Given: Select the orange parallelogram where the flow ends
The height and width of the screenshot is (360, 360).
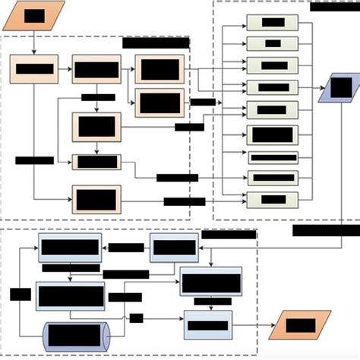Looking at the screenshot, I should click(x=300, y=325).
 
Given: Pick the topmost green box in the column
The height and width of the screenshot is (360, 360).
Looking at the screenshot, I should click(x=272, y=23).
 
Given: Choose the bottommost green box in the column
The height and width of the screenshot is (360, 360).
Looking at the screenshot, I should click(x=272, y=200).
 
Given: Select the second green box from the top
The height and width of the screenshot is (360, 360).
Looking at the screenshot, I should click(x=272, y=43).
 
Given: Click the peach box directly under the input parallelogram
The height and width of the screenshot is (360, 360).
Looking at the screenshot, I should click(x=34, y=69).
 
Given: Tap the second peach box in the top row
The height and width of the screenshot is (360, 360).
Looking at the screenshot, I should click(x=96, y=69).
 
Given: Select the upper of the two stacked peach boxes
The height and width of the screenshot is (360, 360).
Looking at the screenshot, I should click(x=159, y=69).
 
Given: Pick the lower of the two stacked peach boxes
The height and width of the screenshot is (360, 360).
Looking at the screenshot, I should click(x=159, y=102).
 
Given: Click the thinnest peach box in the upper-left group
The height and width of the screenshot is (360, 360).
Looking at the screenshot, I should click(x=96, y=162).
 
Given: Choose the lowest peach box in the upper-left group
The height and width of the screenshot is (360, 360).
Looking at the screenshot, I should click(x=96, y=200).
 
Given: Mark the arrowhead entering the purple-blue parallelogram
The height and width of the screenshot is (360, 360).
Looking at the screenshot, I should click(x=320, y=88).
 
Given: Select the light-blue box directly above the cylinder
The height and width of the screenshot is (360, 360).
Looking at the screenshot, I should click(x=70, y=295).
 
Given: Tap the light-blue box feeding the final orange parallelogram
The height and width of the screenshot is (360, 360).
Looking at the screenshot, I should click(x=207, y=325).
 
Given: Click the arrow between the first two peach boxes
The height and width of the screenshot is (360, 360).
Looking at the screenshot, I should click(x=65, y=69).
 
